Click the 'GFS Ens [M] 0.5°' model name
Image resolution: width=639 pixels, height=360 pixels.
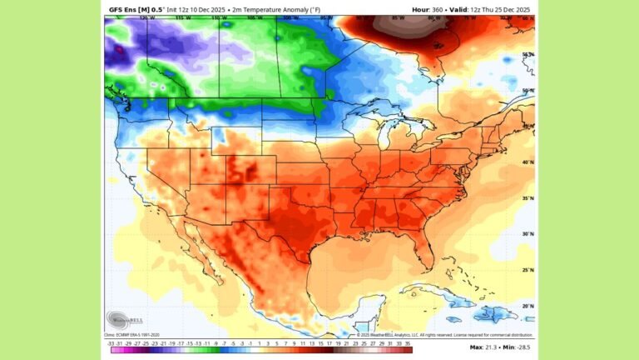point(131,9)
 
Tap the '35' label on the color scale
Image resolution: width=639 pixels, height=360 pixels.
point(408,342)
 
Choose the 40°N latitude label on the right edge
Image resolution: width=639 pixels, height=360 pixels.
point(527,162)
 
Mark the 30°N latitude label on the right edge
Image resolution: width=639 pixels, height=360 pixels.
point(527,234)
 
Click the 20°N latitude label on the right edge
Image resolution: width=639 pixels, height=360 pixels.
point(527,306)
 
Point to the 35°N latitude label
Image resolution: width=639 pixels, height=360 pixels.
point(527,198)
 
